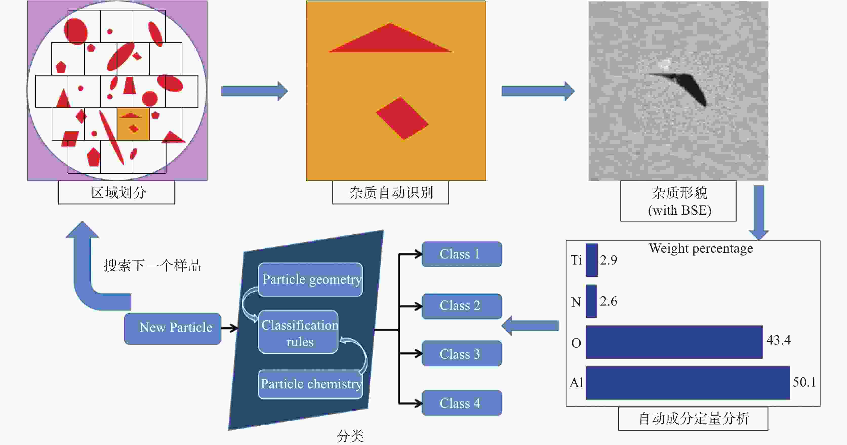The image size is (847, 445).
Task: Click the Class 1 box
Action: (x=462, y=254)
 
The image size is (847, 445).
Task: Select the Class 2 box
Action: (x=462, y=306)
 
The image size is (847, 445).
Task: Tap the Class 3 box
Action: (x=462, y=354)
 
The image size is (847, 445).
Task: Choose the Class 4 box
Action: (x=462, y=403)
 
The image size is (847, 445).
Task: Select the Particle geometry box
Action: (x=310, y=279)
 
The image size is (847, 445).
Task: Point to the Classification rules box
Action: (x=298, y=332)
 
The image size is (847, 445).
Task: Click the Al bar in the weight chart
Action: (x=687, y=383)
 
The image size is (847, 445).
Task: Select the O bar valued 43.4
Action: (x=674, y=342)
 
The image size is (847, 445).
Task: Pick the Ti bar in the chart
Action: (x=592, y=260)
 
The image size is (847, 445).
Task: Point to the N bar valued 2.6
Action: (x=591, y=301)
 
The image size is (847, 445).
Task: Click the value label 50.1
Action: (x=804, y=382)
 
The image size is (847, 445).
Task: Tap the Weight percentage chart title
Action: (x=701, y=248)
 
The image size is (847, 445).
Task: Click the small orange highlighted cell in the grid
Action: (x=133, y=124)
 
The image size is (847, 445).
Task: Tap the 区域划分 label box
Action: (x=117, y=192)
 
